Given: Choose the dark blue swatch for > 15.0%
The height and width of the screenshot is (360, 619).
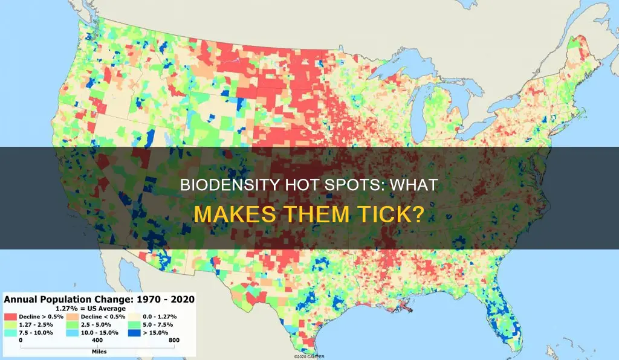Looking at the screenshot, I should tap(147, 332).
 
